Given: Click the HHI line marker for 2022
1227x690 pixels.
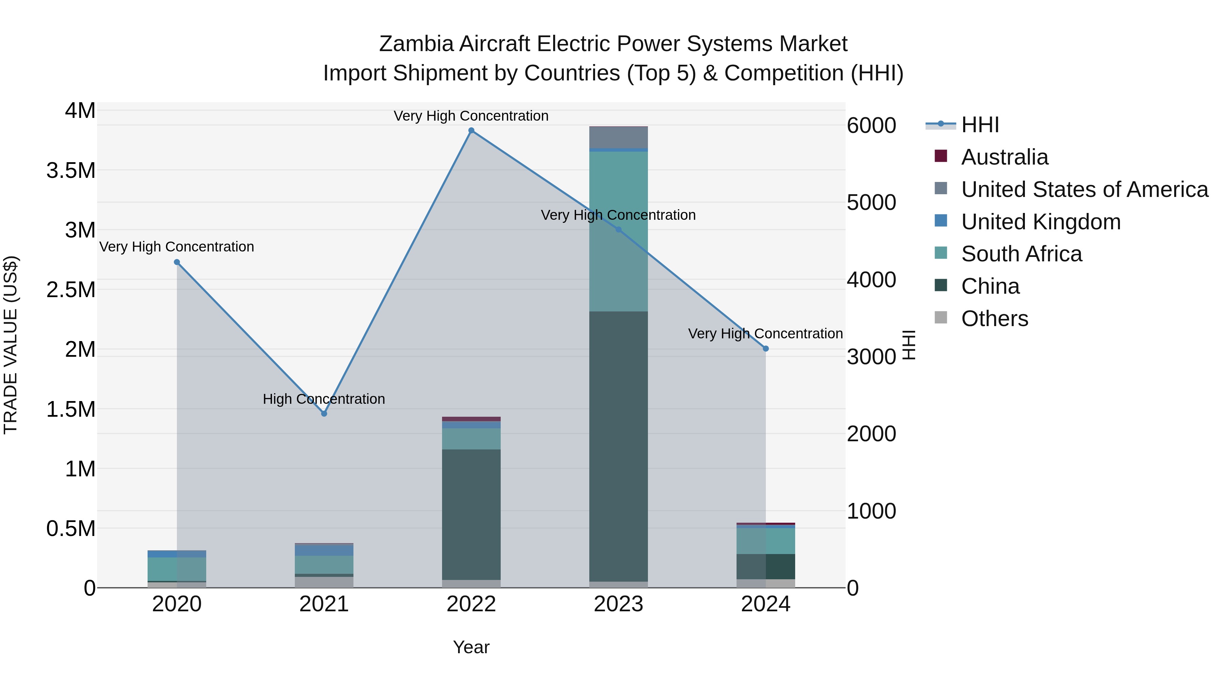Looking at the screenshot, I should point(471,131).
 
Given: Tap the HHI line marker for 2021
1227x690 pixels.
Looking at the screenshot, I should point(324,414).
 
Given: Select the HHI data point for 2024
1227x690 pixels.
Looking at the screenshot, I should point(766,349).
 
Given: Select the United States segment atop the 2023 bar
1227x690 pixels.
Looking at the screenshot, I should point(618,138).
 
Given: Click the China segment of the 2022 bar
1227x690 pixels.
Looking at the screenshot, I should point(471,514).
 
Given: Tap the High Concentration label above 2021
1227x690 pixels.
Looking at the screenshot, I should point(324,399).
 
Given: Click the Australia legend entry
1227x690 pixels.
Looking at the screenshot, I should point(1004,157).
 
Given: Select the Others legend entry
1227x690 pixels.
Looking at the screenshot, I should point(994,319).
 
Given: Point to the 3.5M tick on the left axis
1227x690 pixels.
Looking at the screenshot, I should point(71,170).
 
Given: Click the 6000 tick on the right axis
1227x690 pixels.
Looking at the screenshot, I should point(871,126).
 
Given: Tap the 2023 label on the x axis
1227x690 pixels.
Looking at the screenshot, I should point(618,604).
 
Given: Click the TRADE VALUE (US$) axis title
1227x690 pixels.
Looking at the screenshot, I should point(11,345).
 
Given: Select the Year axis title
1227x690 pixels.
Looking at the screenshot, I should point(471,647).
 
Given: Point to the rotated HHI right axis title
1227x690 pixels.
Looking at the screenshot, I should point(909,345).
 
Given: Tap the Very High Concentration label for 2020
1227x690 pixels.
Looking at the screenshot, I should point(176,247).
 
